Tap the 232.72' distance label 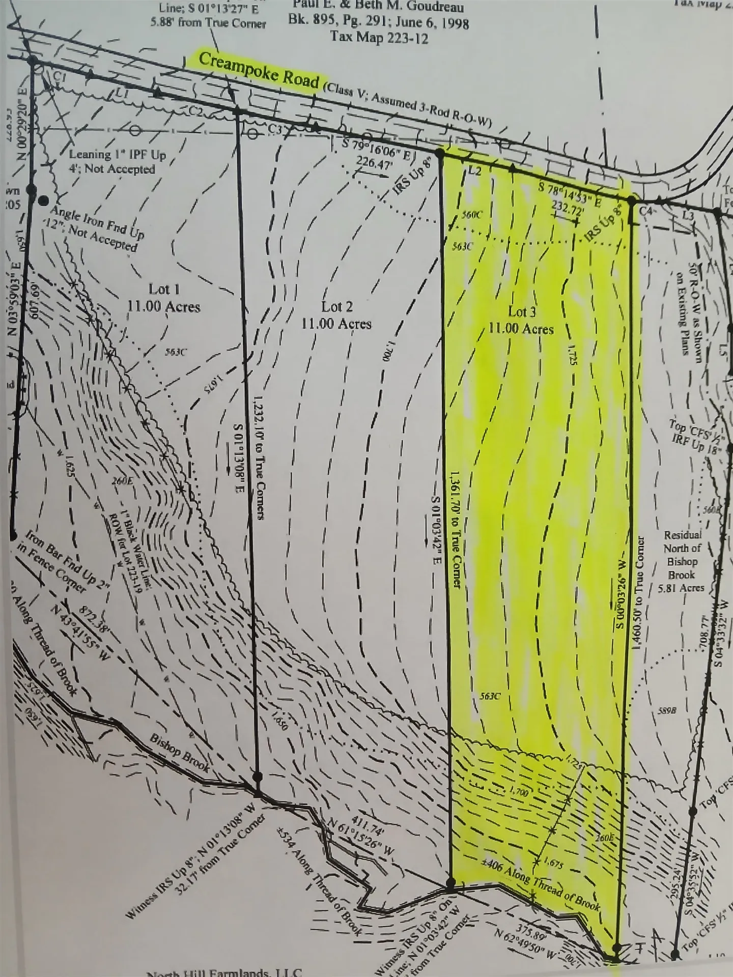point(566,209)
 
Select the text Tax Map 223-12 point(379,37)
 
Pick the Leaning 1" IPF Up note point(118,155)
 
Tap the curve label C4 point(645,210)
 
